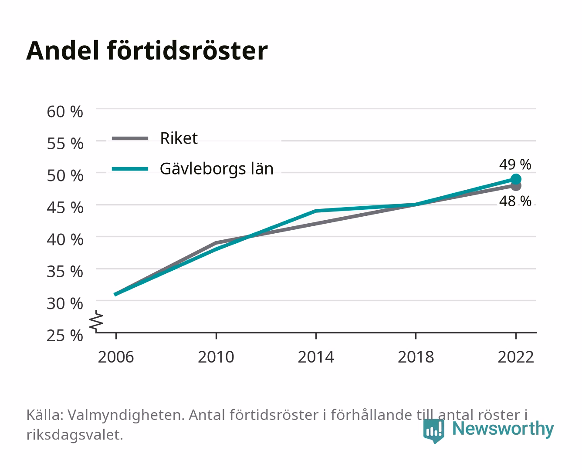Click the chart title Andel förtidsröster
147,50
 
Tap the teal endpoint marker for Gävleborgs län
516,179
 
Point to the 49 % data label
515,164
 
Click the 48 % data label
515,201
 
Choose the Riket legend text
179,138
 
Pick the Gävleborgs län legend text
217,169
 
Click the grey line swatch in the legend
130,138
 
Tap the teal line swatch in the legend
130,169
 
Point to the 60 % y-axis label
65,112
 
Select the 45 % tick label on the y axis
65,208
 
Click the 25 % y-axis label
65,336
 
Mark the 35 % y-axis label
65,272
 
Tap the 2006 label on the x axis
116,357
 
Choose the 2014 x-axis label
316,357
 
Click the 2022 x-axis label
516,357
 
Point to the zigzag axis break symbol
96,321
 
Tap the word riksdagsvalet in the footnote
74,435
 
